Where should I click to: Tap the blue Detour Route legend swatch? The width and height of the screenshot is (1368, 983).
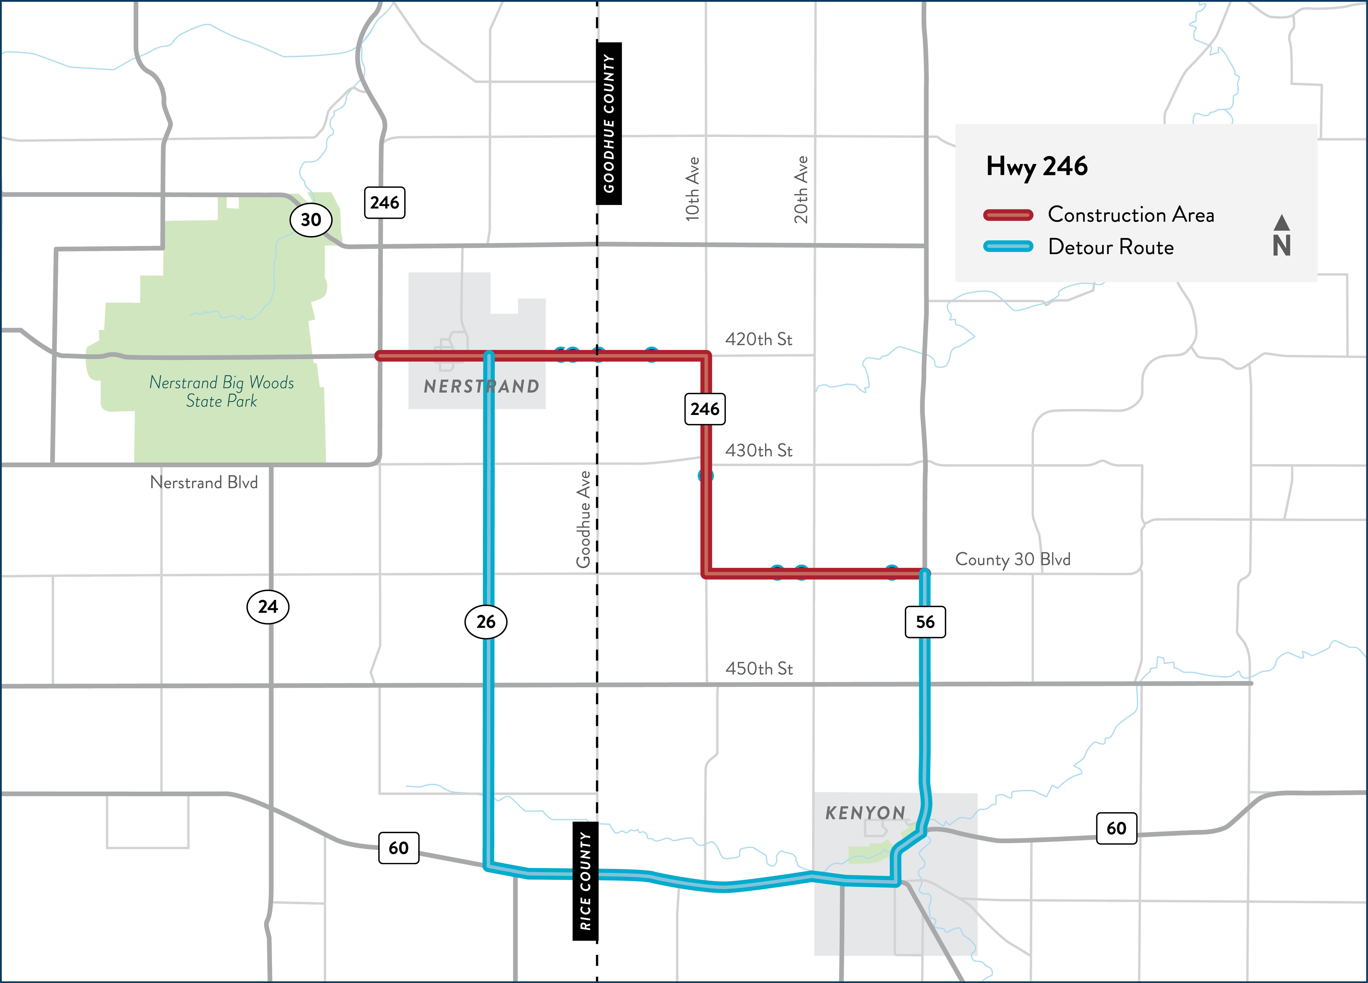point(1008,247)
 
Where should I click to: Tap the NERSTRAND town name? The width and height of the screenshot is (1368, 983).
point(481,387)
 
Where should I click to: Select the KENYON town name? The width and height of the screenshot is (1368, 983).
point(865,813)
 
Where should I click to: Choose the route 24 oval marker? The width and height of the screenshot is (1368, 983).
point(268,607)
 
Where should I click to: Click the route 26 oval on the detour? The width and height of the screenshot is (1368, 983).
point(486,622)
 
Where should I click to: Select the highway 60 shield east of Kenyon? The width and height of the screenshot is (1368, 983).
point(1116,828)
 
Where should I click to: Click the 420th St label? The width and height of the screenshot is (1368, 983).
point(758,339)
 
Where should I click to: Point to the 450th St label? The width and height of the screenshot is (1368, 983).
point(758,669)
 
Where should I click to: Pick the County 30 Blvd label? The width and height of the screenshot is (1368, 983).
point(1013,560)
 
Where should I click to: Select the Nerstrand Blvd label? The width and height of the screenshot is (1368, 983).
point(204,483)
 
